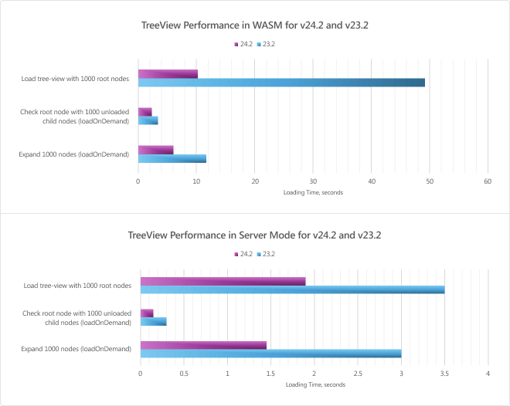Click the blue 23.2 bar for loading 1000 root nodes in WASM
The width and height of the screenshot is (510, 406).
pos(281,83)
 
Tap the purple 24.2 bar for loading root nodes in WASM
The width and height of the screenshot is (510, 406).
pos(168,73)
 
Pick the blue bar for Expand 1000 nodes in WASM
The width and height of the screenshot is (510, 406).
pos(172,159)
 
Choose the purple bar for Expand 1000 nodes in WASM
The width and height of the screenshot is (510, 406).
pos(155,150)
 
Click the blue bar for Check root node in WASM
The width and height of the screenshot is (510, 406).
pos(148,120)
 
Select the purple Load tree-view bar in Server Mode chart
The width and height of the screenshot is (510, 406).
pos(223,281)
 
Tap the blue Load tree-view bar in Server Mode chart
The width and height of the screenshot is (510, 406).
pos(292,290)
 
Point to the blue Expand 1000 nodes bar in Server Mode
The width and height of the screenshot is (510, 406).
pos(270,354)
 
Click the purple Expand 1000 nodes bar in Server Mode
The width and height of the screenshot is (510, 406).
pos(203,344)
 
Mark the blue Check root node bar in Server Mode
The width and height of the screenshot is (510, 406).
pos(153,322)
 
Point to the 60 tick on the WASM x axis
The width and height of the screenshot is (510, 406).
pos(488,181)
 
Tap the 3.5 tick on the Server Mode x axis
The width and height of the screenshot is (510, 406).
pos(444,374)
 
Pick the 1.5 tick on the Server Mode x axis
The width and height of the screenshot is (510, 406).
pos(270,374)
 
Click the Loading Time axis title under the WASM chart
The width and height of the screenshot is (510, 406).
pos(313,192)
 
